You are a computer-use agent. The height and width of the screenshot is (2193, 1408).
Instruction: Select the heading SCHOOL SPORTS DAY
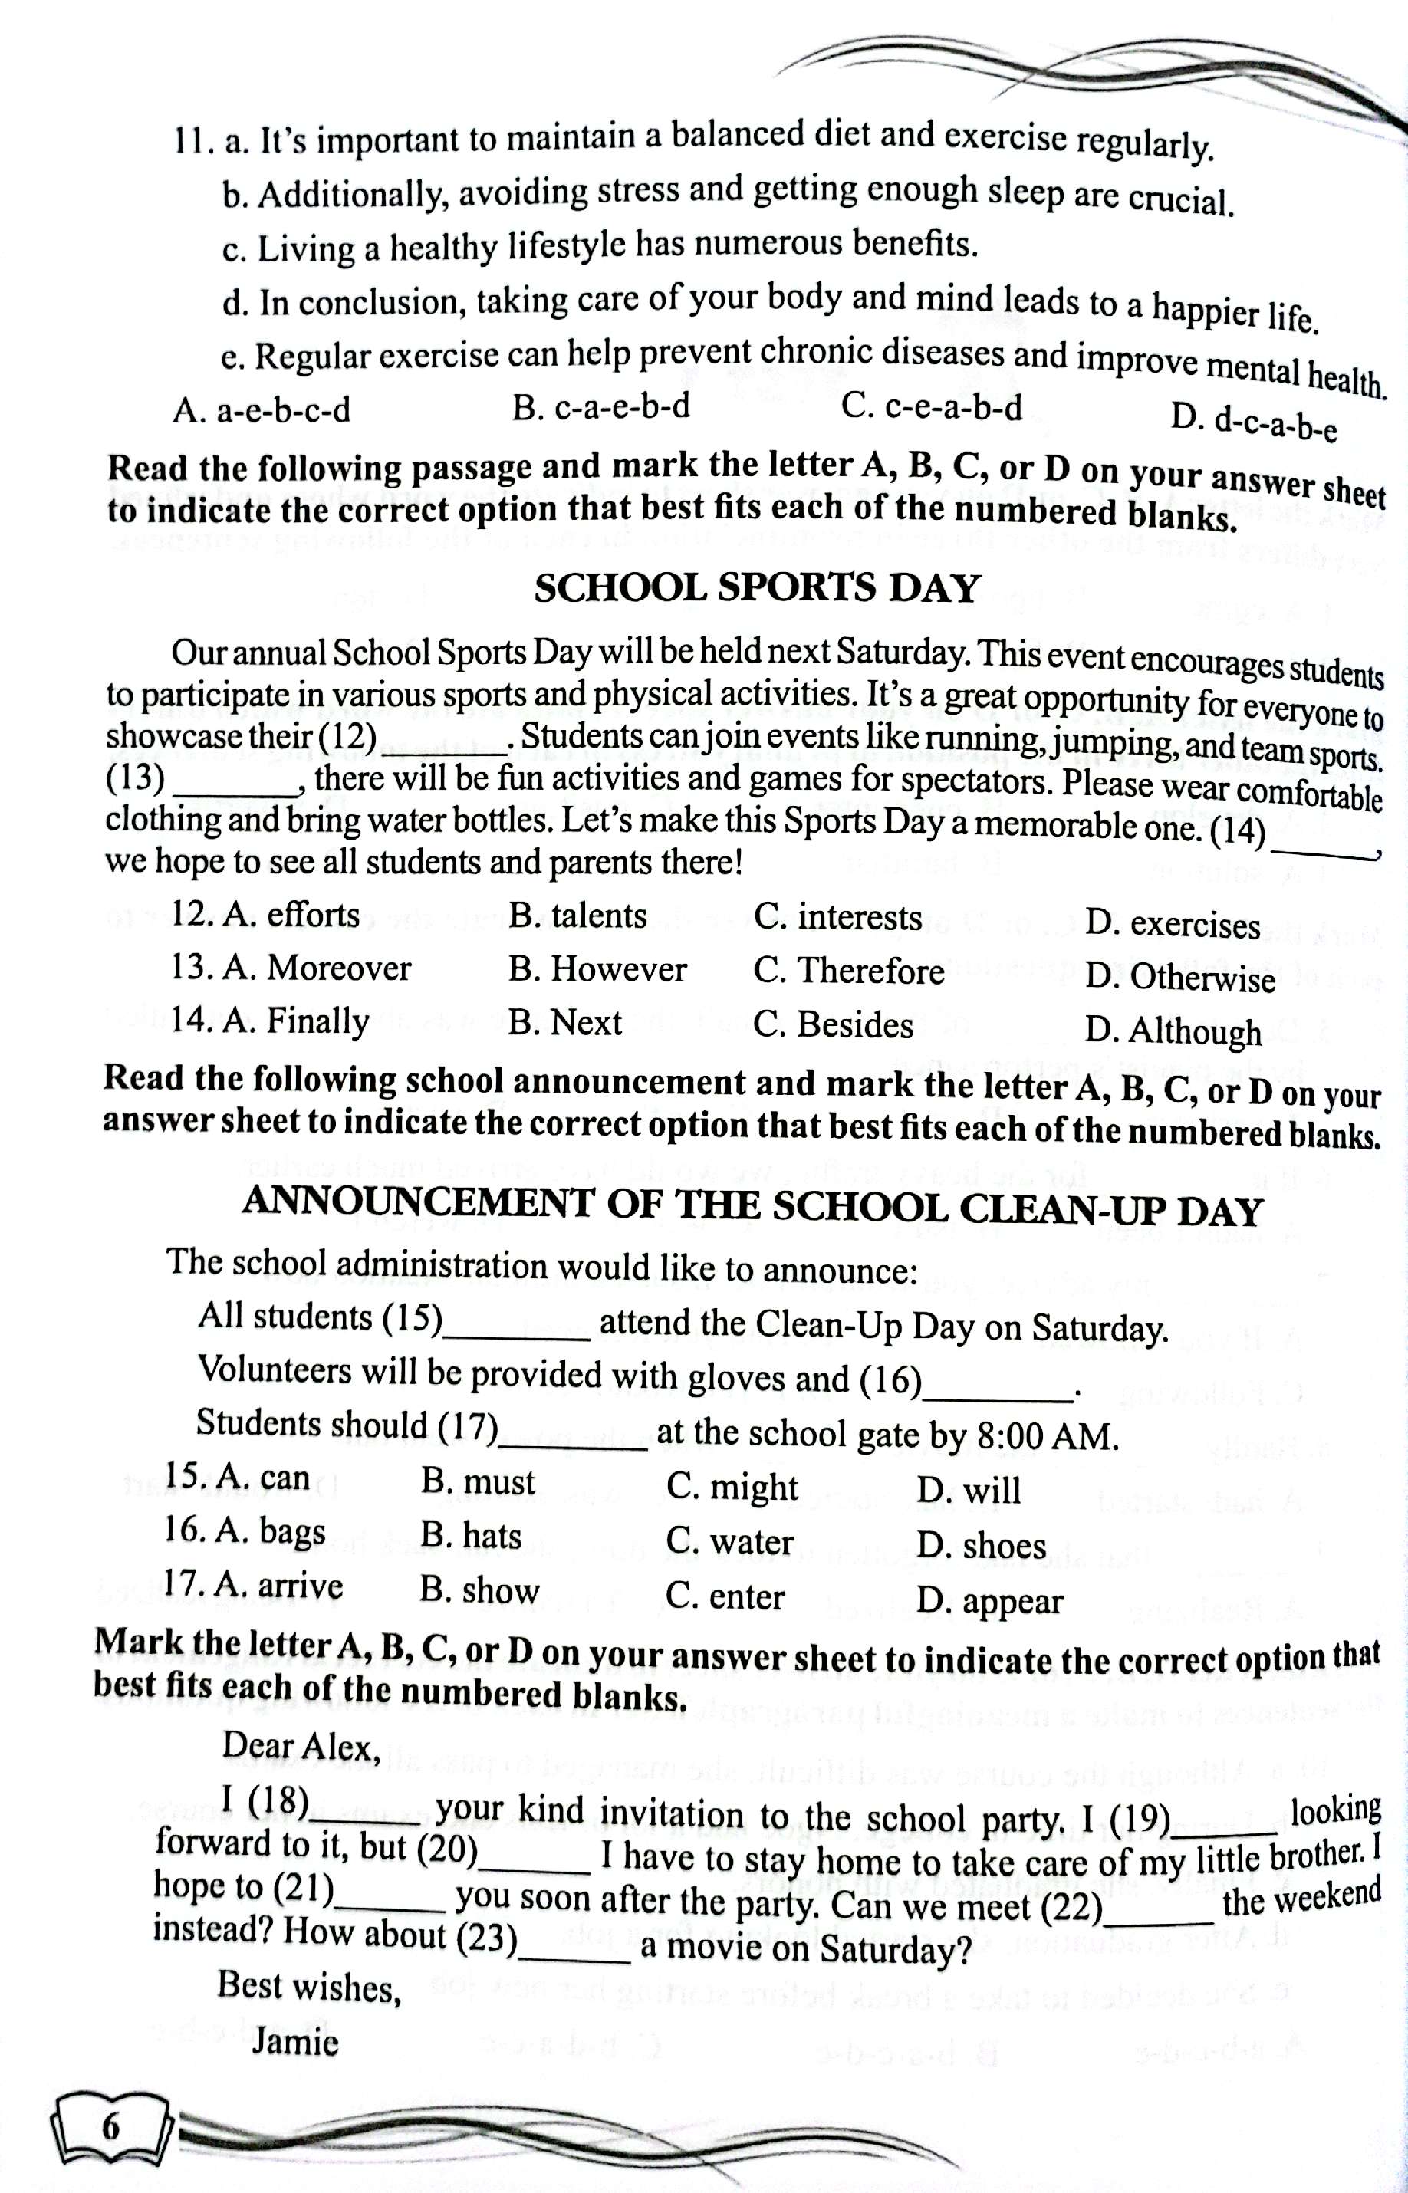click(756, 589)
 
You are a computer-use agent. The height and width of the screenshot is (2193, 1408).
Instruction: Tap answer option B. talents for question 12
click(577, 915)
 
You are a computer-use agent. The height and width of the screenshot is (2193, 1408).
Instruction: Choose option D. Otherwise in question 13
click(1179, 979)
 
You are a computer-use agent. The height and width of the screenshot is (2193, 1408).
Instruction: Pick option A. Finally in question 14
click(271, 1020)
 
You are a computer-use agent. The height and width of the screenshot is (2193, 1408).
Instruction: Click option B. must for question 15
click(479, 1481)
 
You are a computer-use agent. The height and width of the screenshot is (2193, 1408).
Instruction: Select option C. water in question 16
click(729, 1542)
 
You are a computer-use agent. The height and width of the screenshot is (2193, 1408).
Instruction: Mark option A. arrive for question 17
click(253, 1586)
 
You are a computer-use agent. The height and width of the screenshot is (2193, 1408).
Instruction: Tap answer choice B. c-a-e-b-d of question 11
click(601, 408)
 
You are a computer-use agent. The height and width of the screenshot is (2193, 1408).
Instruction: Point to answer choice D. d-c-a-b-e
click(1255, 423)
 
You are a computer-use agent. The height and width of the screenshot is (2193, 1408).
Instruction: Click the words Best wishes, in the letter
click(310, 1987)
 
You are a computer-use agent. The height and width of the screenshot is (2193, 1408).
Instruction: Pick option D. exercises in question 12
click(1173, 925)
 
